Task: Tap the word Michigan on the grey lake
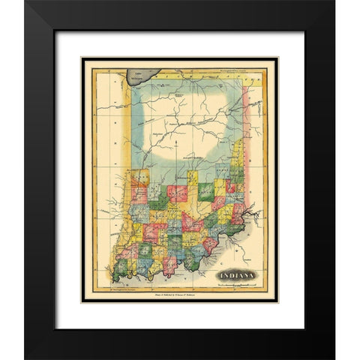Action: [x=136, y=76]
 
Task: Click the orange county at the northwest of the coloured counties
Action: [x=138, y=178]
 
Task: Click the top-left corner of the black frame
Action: [x=26, y=2]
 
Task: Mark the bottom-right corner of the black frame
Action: [x=333, y=357]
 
